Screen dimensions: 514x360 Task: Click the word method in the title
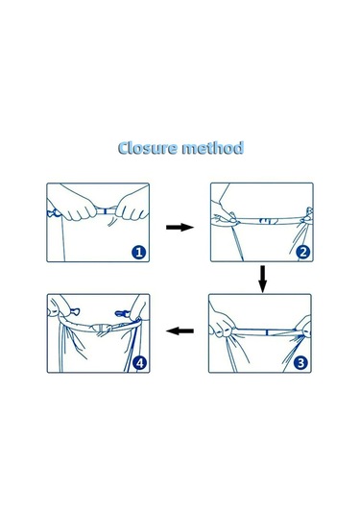tap(216, 149)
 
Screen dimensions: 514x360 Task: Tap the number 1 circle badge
tap(139, 253)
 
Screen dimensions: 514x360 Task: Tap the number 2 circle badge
tap(302, 253)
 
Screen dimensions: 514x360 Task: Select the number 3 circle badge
tap(302, 363)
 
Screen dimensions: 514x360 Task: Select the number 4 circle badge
tap(139, 363)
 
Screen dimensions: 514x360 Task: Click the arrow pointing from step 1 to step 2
tap(179, 227)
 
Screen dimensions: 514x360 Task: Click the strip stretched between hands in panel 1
tap(96, 205)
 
